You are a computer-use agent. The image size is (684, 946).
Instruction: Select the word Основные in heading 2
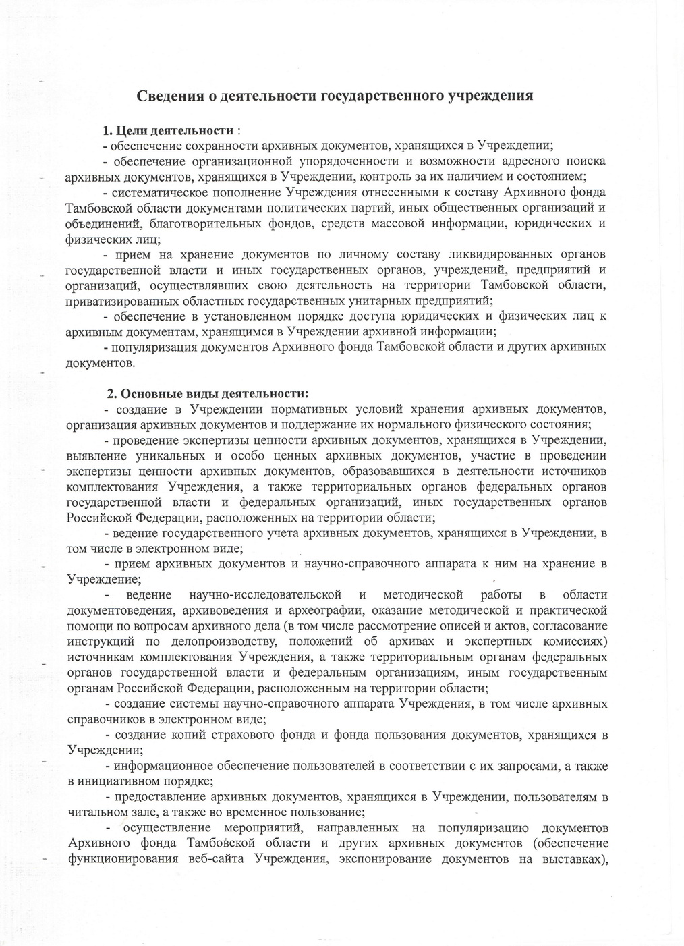pos(153,393)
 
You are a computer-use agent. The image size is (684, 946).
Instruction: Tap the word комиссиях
pos(575,641)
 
